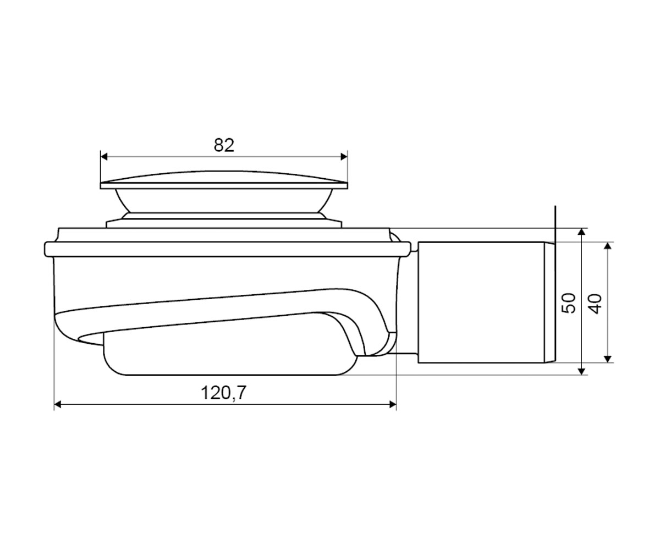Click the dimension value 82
pyautogui.click(x=224, y=145)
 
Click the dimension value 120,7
pyautogui.click(x=223, y=393)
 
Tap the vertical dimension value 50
pyautogui.click(x=568, y=303)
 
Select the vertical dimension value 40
pyautogui.click(x=595, y=304)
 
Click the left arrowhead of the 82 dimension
pyautogui.click(x=104, y=156)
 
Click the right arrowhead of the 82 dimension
pyautogui.click(x=344, y=156)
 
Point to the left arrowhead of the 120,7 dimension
pyautogui.click(x=58, y=404)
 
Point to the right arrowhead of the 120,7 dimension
pyautogui.click(x=393, y=404)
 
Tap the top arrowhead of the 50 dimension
pyautogui.click(x=581, y=232)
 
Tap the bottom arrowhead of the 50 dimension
pyautogui.click(x=581, y=371)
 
